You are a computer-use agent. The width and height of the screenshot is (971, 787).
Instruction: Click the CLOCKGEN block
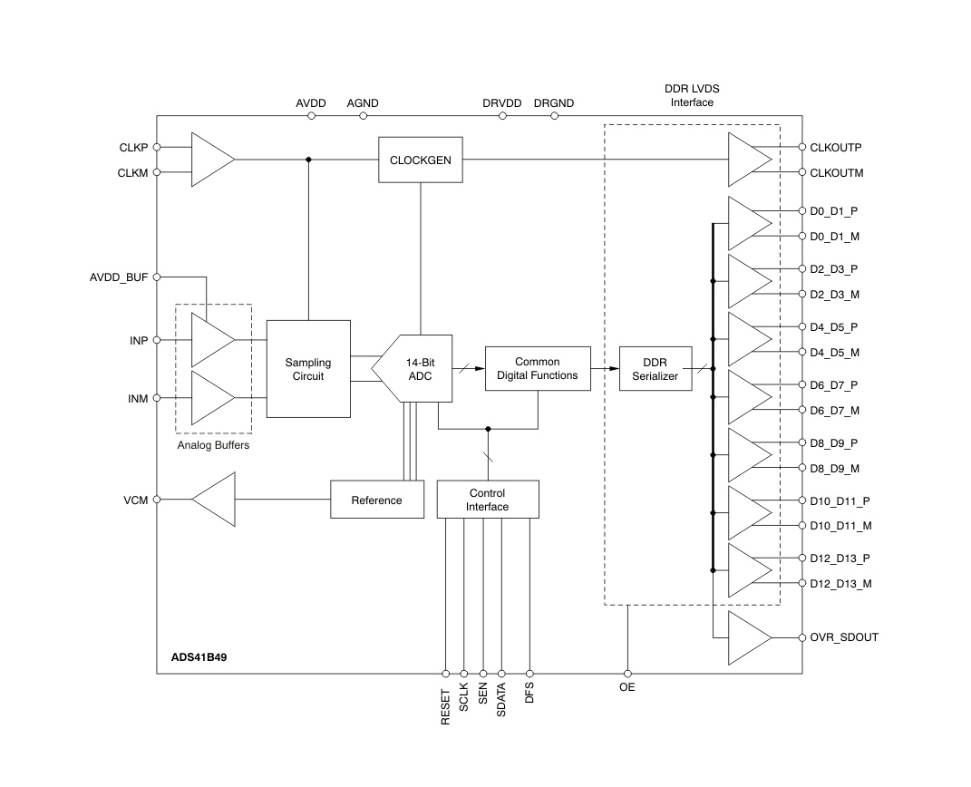click(420, 160)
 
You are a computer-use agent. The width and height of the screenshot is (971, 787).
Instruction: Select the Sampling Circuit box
click(308, 369)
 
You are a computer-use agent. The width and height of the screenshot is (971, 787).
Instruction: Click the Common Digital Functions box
click(537, 369)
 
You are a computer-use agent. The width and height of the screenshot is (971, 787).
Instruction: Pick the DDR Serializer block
click(655, 369)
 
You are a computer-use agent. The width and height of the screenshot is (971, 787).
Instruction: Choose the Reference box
click(376, 500)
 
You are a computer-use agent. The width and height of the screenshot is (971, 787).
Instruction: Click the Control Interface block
click(487, 500)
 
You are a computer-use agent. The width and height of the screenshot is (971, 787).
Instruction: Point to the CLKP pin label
click(133, 147)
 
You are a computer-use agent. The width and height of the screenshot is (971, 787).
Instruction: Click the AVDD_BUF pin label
click(118, 277)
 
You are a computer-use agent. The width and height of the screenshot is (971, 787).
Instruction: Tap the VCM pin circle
click(157, 500)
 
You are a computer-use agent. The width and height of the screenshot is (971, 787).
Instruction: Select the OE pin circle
click(627, 674)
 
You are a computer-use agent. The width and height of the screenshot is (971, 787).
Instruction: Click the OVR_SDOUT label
click(843, 637)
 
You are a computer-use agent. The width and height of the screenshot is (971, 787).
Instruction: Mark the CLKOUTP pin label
click(836, 147)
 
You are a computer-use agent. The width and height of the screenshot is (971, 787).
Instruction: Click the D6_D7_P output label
click(833, 385)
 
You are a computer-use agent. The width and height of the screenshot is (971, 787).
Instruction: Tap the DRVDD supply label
click(501, 103)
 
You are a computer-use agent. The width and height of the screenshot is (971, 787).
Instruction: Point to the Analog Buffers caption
click(213, 445)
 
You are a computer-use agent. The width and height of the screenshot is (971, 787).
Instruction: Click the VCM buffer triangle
click(216, 500)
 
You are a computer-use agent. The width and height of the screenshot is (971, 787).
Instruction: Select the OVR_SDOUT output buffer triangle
click(747, 637)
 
